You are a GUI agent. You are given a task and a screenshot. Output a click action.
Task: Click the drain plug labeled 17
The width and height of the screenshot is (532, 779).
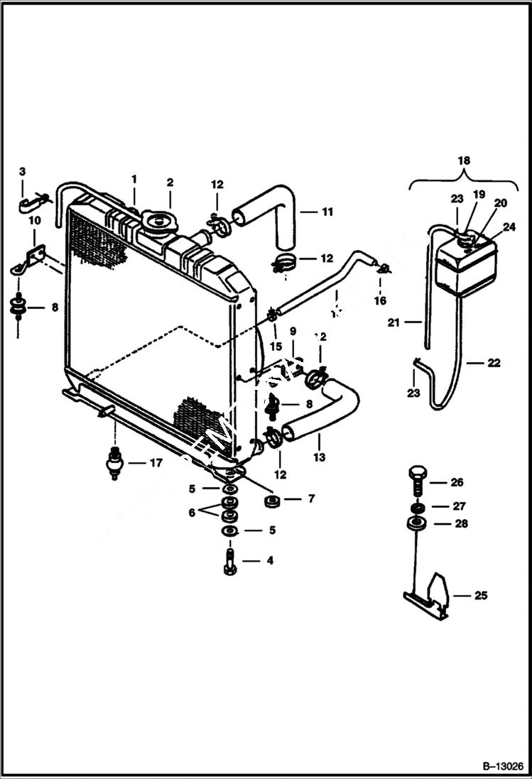click(x=114, y=464)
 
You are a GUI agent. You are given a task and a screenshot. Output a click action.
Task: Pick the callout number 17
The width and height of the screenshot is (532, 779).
click(x=156, y=463)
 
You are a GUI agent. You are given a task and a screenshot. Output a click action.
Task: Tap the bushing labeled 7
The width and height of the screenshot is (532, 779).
click(x=270, y=503)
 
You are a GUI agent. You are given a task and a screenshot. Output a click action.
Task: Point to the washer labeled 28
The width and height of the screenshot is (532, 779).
click(x=416, y=525)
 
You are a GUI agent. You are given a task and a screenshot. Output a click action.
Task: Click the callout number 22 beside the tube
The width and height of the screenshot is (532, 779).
click(x=494, y=363)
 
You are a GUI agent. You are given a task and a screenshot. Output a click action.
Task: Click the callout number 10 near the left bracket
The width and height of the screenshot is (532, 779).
click(x=33, y=222)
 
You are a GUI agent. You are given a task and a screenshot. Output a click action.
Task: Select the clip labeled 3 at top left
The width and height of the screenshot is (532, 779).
click(x=31, y=205)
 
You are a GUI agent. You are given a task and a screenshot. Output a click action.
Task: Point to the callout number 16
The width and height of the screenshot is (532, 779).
click(x=380, y=300)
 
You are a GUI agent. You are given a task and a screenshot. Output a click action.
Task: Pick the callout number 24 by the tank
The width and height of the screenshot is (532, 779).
click(x=508, y=227)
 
